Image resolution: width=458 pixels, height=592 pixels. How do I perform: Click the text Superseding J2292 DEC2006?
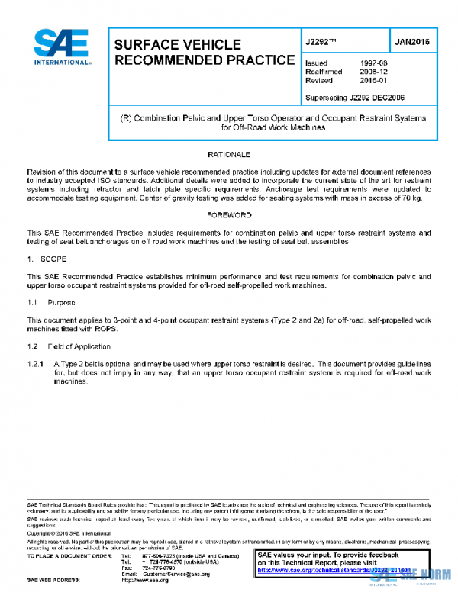coord(354,97)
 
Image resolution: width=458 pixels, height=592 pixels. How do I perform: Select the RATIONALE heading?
coord(229,154)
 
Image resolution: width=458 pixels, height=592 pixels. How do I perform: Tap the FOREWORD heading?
coord(229,215)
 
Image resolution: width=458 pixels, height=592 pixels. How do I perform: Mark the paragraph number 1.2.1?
coord(36,364)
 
